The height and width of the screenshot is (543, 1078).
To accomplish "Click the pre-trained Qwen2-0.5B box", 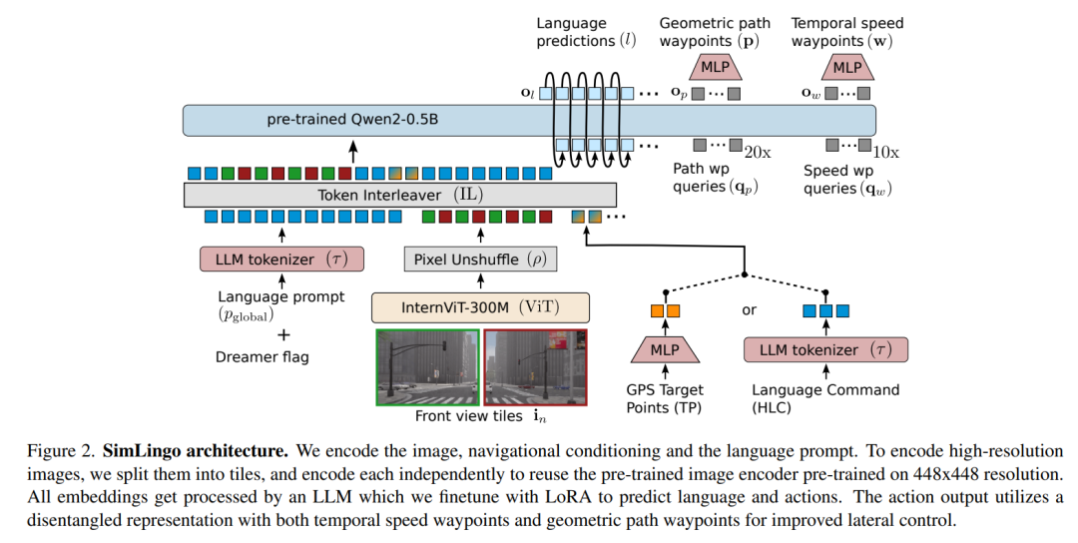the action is point(529,121).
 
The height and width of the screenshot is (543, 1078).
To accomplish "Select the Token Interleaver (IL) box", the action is point(400,195).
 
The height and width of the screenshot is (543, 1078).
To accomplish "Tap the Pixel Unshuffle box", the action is point(480,260).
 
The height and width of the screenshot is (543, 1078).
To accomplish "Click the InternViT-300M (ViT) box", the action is point(480,307).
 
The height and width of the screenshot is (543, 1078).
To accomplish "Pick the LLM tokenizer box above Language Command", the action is point(825,350).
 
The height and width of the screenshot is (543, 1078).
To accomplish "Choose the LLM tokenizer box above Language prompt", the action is point(281,260).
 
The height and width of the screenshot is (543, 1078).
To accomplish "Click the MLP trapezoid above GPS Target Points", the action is point(665,350).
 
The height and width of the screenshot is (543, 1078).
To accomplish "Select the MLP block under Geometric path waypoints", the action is point(715,67).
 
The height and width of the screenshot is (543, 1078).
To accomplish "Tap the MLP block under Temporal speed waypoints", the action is point(847,67).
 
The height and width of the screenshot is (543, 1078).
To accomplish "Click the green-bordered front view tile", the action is point(428,367).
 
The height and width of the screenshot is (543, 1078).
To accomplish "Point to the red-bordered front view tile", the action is point(536,367).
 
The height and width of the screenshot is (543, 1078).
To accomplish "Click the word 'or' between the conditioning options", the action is point(749,310).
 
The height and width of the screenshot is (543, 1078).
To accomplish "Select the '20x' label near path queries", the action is point(758,153).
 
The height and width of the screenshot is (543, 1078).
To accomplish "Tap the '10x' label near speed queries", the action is point(886,153).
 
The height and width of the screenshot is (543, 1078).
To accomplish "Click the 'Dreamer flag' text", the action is point(262,356).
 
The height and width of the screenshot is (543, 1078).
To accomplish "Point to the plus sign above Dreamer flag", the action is point(283,335).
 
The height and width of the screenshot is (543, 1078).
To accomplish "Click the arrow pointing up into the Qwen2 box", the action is point(353,151).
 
